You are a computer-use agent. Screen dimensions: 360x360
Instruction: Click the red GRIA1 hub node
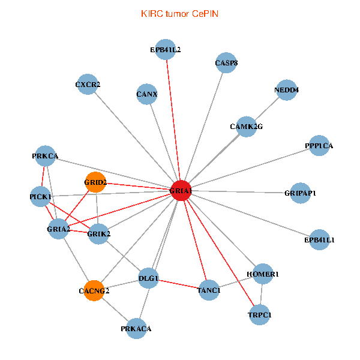(x=181, y=190)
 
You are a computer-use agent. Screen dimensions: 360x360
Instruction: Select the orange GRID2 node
(x=95, y=182)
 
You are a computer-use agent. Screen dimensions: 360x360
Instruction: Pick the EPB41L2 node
(x=166, y=49)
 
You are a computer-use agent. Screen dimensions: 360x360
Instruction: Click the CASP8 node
(x=226, y=62)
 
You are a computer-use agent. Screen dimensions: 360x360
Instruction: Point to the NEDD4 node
(x=286, y=90)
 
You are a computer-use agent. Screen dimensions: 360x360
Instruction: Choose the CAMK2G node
(x=246, y=127)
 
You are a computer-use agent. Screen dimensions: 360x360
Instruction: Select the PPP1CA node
(x=319, y=146)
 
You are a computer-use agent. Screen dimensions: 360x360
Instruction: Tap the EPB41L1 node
(x=320, y=239)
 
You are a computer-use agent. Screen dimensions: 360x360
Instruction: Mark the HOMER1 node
(x=263, y=274)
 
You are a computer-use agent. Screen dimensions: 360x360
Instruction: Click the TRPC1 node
(x=259, y=314)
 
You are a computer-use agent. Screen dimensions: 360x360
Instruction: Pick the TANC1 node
(x=208, y=290)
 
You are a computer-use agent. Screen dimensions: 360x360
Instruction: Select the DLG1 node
(x=148, y=278)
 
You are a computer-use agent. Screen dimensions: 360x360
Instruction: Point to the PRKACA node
(x=136, y=328)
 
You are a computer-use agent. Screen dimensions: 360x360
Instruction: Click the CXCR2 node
(x=88, y=85)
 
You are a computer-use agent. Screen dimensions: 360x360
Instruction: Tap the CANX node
(x=146, y=94)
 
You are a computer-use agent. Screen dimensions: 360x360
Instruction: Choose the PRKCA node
(x=45, y=156)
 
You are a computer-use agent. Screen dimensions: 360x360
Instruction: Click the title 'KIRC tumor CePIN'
(x=179, y=13)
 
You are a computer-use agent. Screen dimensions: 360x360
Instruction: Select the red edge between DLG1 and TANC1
(x=178, y=284)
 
